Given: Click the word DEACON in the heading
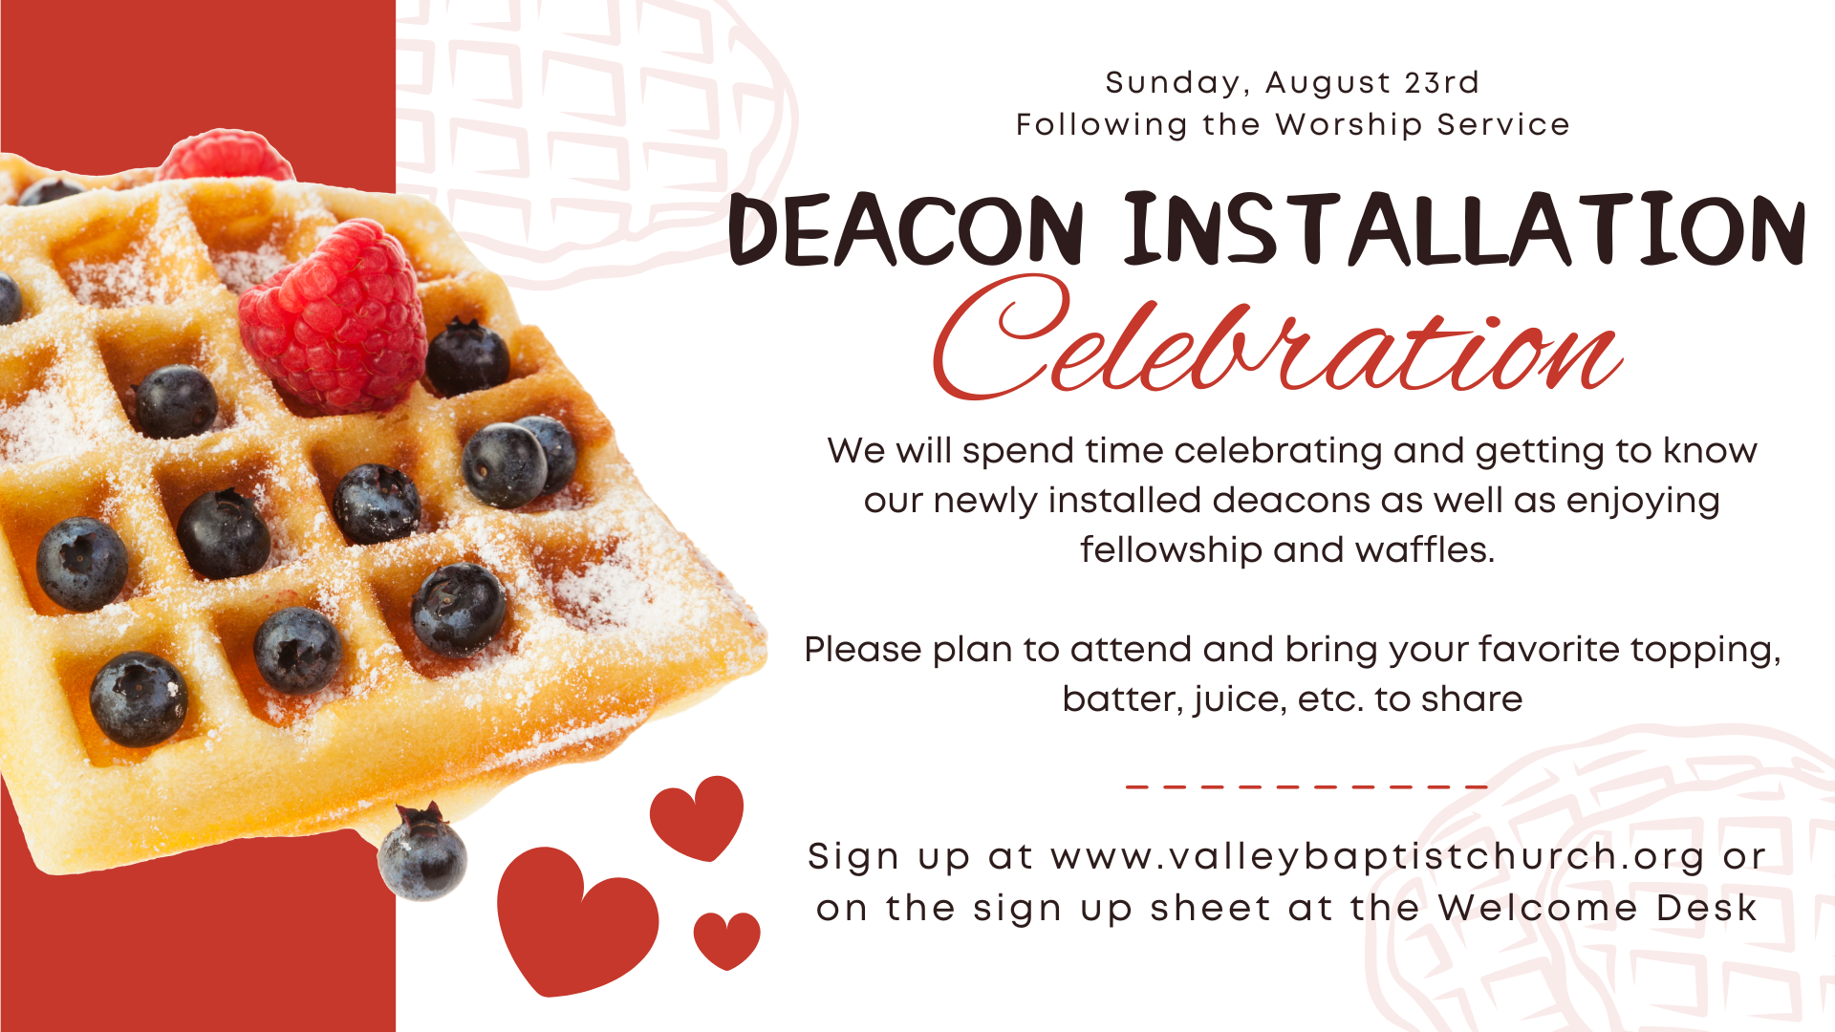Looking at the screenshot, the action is pyautogui.click(x=906, y=230).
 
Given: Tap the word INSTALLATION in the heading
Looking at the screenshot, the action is pyautogui.click(x=1464, y=228).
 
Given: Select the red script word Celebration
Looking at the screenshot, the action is pyautogui.click(x=1277, y=336).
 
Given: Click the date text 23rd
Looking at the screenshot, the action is pyautogui.click(x=1441, y=83).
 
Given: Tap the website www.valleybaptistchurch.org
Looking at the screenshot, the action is pyautogui.click(x=1377, y=857).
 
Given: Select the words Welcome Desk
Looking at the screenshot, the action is pyautogui.click(x=1597, y=908).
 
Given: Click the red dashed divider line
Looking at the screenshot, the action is pyautogui.click(x=1306, y=787).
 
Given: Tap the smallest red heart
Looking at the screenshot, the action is pyautogui.click(x=726, y=939).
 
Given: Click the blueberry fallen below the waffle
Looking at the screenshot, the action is pyautogui.click(x=422, y=852).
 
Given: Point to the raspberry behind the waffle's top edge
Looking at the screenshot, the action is pyautogui.click(x=226, y=156).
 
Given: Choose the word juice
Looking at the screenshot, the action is pyautogui.click(x=1240, y=700).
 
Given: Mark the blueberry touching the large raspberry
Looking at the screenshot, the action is pyautogui.click(x=466, y=357).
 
